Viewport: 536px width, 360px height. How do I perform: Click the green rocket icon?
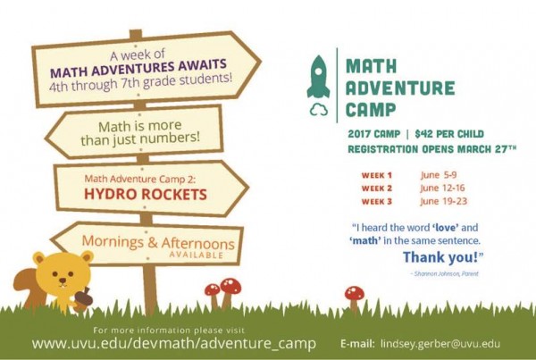tap(318, 77)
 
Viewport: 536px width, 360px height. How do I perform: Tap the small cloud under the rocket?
tap(319, 110)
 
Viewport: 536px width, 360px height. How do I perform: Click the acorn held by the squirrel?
tap(83, 297)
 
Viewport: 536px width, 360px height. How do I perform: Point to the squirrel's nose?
tap(63, 280)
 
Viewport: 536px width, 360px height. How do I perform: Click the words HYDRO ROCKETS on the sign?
tap(146, 194)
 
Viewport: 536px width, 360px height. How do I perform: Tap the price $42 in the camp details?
tap(423, 134)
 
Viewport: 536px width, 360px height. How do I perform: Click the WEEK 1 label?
tap(376, 175)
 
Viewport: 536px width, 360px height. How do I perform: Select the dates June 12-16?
tap(442, 188)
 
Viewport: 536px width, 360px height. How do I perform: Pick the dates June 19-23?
tap(443, 201)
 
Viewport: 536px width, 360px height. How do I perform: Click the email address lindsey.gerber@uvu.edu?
tap(440, 344)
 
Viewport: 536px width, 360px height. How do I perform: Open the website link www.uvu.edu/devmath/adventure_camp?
tap(174, 343)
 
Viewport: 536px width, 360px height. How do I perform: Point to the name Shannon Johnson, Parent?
tap(446, 273)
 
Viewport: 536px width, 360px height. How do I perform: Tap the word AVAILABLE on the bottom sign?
tap(196, 255)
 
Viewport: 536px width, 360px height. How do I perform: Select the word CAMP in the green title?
tap(371, 110)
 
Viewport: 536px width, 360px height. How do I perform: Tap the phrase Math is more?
tap(140, 126)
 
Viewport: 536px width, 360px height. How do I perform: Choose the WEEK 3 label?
tap(376, 201)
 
